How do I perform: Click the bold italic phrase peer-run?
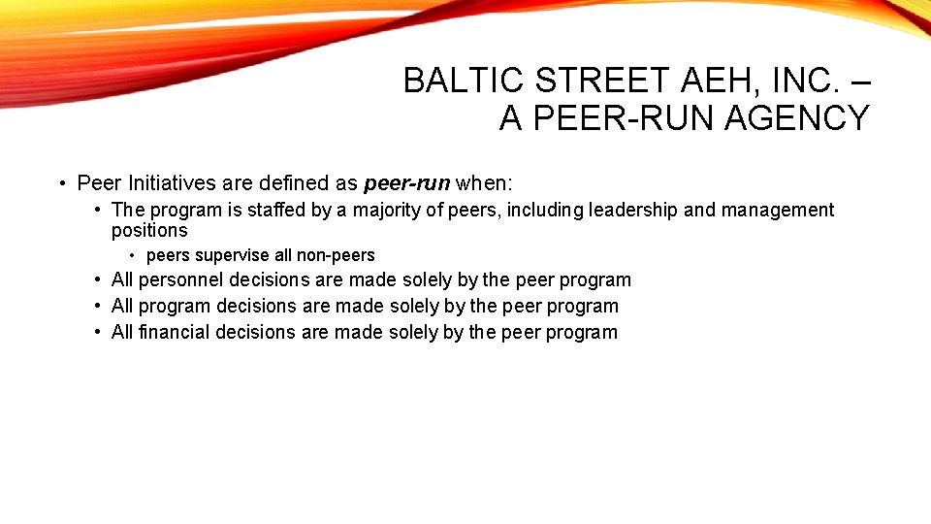click(x=406, y=182)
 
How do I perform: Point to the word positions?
click(x=149, y=230)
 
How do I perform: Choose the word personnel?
click(x=180, y=280)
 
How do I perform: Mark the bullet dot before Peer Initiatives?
click(x=61, y=183)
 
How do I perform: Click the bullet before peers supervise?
click(x=132, y=255)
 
